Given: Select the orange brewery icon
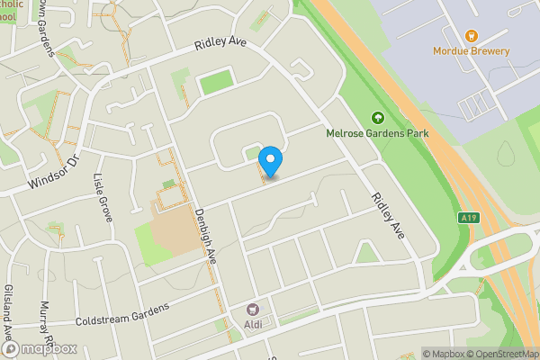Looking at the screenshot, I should [471, 35].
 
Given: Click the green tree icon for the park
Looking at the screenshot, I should [377, 117].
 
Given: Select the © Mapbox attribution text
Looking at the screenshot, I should [441, 354].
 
